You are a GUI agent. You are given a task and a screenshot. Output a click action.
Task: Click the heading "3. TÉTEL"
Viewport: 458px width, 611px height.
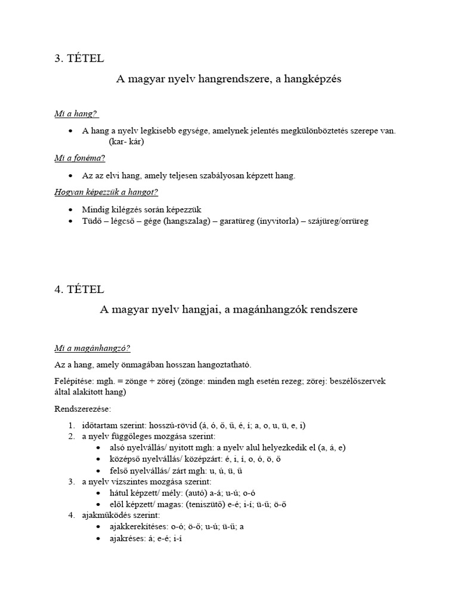79,58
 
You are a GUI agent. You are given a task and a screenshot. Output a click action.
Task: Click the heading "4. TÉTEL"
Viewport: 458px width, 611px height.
79,289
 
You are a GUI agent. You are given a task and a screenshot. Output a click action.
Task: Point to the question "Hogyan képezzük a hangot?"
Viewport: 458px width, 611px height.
106,192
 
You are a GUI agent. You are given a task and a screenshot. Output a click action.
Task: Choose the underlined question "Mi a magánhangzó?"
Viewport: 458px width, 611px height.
92,348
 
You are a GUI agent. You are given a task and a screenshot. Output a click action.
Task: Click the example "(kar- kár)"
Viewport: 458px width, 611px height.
126,142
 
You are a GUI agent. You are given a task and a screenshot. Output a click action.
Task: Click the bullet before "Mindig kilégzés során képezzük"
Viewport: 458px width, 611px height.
71,209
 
